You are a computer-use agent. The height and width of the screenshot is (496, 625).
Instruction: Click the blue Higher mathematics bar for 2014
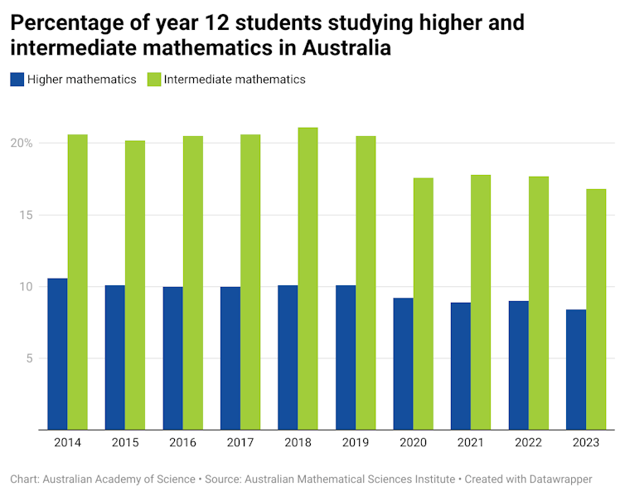[x=57, y=354]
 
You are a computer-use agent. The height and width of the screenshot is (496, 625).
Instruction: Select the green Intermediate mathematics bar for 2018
[x=308, y=279]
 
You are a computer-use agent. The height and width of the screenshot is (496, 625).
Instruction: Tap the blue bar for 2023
[x=576, y=370]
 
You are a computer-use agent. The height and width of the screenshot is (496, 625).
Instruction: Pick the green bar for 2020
[x=423, y=304]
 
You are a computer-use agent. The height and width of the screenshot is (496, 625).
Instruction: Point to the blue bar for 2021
[x=461, y=366]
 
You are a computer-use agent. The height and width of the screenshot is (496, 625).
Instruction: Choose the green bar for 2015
[x=135, y=285]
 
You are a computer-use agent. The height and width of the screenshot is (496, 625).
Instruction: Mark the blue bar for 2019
[x=346, y=357]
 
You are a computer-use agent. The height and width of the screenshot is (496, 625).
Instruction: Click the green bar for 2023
[x=596, y=309]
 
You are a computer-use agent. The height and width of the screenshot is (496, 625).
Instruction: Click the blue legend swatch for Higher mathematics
[x=17, y=80]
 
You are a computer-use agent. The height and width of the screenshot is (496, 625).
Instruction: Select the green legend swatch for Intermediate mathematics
[x=154, y=80]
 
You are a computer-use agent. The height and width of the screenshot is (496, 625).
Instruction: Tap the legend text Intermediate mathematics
[x=235, y=80]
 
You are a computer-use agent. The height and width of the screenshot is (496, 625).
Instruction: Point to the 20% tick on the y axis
[x=22, y=143]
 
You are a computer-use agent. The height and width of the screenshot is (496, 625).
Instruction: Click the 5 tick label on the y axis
[x=29, y=358]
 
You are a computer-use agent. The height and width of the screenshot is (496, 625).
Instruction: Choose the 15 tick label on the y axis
[x=26, y=215]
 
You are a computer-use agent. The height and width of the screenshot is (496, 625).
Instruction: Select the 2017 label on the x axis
[x=240, y=443]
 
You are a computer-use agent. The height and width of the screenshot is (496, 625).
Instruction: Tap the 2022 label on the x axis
[x=528, y=443]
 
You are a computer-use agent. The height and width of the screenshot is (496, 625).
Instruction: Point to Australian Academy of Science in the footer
[x=119, y=479]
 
